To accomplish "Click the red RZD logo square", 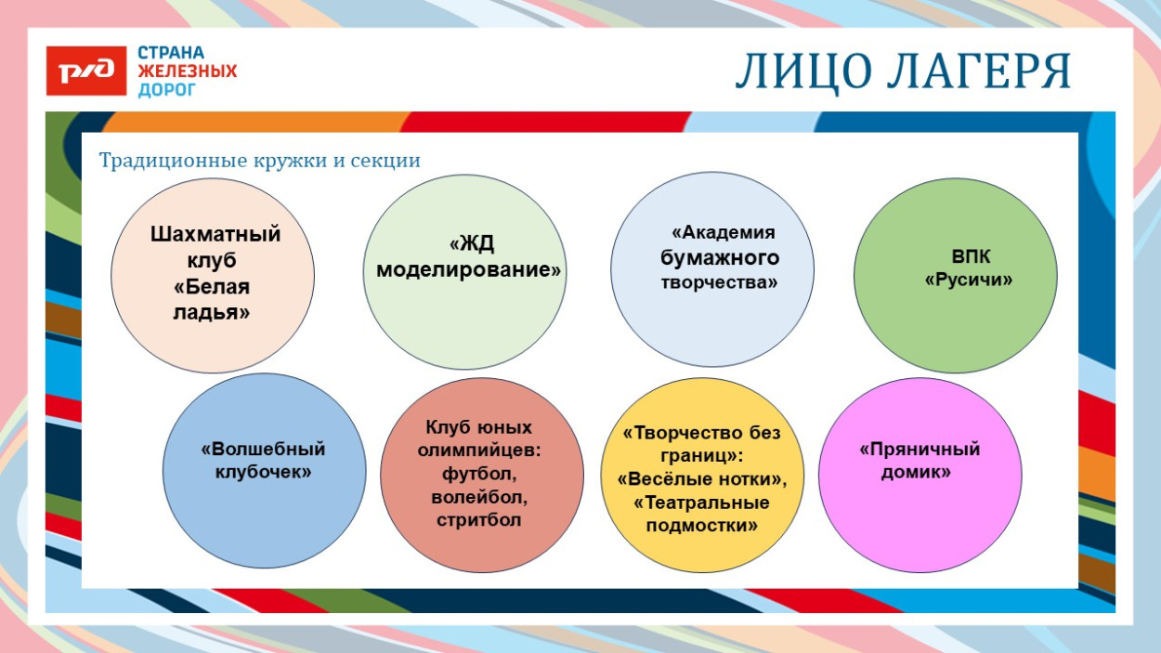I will tap(86, 71).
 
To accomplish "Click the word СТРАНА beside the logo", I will tap(171, 53).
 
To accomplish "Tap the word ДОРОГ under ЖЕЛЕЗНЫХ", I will tap(167, 90).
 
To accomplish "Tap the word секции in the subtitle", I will tap(385, 161).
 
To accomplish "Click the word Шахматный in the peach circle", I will tap(215, 234).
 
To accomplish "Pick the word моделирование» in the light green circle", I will tap(469, 270).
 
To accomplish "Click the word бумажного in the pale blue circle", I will tap(720, 257).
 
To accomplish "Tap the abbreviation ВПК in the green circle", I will tap(971, 256).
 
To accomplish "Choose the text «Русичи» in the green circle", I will tap(969, 280).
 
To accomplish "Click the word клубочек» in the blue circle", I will tap(263, 472).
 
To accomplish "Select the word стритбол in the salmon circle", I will tap(478, 520).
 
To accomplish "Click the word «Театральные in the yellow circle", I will tap(701, 503).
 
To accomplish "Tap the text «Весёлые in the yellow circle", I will tap(664, 479).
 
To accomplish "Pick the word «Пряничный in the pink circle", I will tap(920, 450).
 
